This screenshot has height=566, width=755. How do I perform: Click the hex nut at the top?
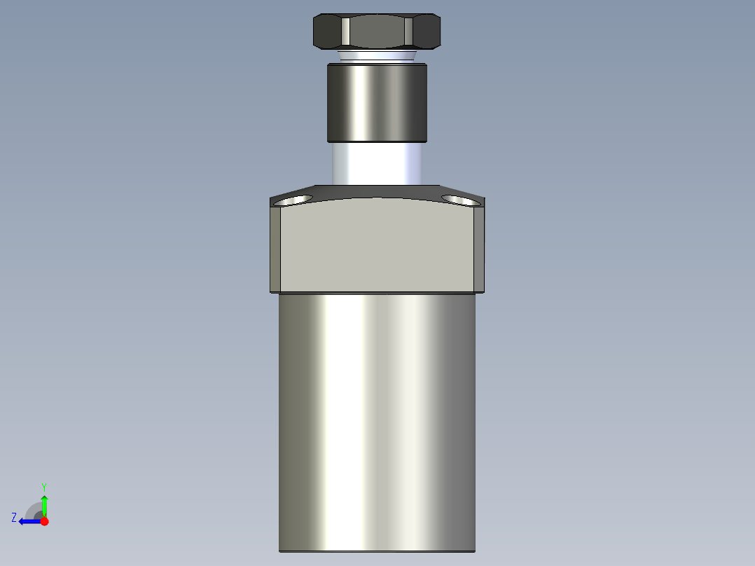(x=377, y=32)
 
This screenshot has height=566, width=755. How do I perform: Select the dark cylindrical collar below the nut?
(x=377, y=102)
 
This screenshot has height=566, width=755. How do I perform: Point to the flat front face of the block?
(x=377, y=245)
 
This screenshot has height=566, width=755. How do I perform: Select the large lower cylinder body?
(x=377, y=420)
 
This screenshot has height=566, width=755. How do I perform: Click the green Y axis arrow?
(x=44, y=504)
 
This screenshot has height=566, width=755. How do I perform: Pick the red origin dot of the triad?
(x=44, y=521)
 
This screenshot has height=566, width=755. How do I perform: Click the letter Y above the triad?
(x=44, y=486)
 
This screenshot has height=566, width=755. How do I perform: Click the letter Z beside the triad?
(x=14, y=518)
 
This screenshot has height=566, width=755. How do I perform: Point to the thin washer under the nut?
(x=377, y=55)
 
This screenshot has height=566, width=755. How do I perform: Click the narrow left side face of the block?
(x=275, y=249)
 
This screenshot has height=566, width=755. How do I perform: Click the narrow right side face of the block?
(x=479, y=249)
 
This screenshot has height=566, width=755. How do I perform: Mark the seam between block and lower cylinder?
(x=377, y=293)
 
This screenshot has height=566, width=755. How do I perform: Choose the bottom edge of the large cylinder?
(x=377, y=551)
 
